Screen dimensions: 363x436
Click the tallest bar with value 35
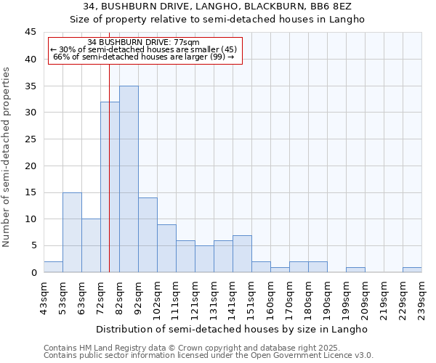tap(129, 179)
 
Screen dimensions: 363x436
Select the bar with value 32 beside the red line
tap(110, 187)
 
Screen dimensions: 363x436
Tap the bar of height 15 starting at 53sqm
tap(72, 232)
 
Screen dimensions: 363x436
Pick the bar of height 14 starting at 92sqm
tap(148, 235)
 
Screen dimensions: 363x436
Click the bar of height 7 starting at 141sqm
tap(242, 253)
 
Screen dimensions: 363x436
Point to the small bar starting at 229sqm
tap(412, 269)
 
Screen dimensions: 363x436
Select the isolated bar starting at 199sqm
tap(355, 269)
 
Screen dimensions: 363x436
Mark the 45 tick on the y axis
tap(31, 33)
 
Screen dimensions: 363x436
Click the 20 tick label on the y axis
tap(31, 166)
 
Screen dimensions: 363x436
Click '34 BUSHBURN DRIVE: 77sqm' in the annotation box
tap(142, 42)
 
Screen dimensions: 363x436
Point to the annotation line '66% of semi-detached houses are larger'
tap(142, 57)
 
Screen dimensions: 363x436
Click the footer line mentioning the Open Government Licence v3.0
tap(209, 356)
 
